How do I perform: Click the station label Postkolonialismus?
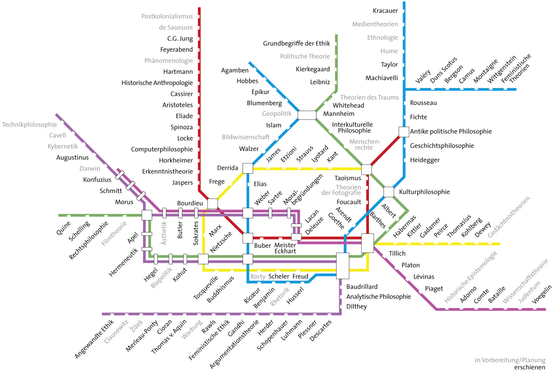click(x=167, y=16)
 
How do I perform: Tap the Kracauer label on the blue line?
click(x=385, y=11)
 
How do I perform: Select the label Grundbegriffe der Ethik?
click(x=296, y=43)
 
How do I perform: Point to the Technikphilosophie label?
click(x=30, y=125)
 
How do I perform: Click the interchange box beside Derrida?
click(x=248, y=168)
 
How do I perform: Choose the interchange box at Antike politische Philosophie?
click(x=404, y=132)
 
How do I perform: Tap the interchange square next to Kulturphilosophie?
click(x=389, y=192)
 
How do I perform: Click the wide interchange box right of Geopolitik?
click(x=307, y=115)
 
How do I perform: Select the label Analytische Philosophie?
click(x=378, y=297)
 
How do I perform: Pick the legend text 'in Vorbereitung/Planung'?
click(x=510, y=360)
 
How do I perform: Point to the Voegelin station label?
click(x=542, y=294)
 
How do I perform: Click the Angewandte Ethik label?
click(x=94, y=339)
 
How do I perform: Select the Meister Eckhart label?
click(x=285, y=248)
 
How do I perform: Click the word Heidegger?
click(x=425, y=160)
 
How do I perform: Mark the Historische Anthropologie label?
click(x=157, y=83)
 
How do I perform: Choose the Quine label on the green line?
click(x=63, y=228)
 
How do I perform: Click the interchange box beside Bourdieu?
click(x=212, y=204)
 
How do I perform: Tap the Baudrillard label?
click(x=362, y=287)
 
